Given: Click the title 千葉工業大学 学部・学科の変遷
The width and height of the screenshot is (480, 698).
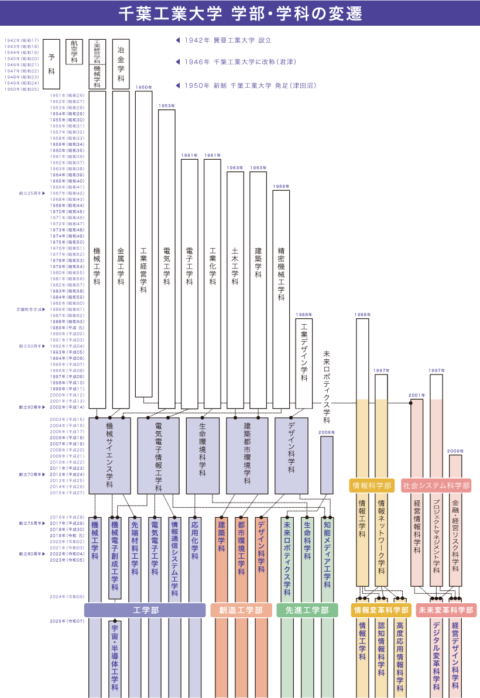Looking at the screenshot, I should [240, 13].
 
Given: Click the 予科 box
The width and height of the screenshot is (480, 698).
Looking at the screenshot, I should [52, 64].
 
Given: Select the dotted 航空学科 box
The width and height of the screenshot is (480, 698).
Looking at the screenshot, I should [74, 51].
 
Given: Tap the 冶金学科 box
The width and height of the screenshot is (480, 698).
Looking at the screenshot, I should [121, 64].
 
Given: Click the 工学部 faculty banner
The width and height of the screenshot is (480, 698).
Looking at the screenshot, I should [146, 610].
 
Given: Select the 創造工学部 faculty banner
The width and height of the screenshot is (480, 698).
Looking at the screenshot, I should [241, 610].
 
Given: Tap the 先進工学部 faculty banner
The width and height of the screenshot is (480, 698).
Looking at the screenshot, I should [307, 610].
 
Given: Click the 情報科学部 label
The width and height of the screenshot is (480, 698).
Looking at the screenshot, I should [372, 485].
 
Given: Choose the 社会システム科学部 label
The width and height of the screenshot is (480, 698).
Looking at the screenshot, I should [437, 485].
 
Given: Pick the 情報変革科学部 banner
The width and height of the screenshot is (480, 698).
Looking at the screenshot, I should [380, 610].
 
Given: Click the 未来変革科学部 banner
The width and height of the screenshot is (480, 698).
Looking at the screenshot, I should [445, 610].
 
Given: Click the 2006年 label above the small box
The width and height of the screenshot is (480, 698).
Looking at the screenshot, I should [327, 432].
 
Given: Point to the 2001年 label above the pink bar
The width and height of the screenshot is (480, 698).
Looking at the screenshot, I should [417, 395].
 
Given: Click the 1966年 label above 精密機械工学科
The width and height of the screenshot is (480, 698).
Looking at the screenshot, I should [281, 186].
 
